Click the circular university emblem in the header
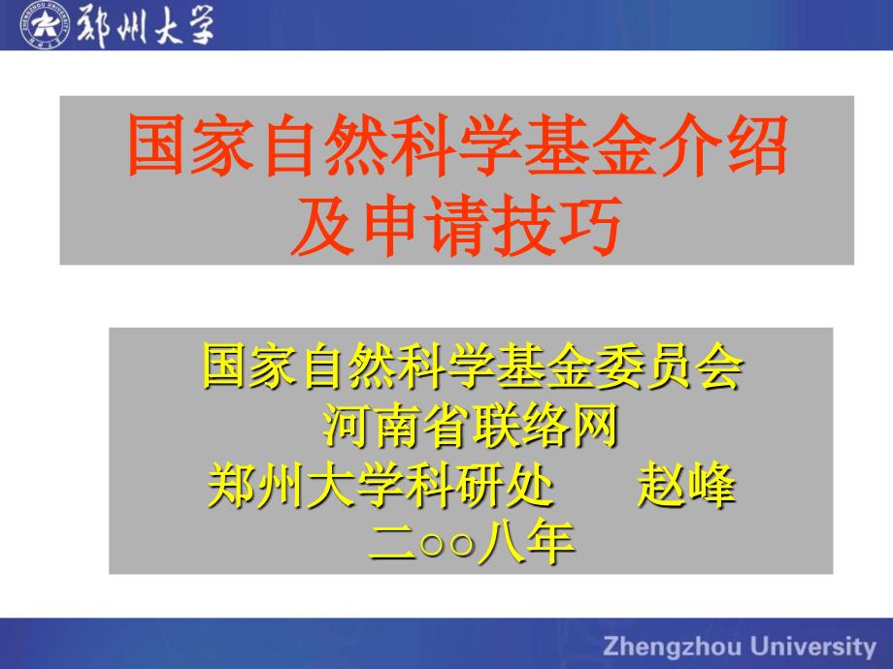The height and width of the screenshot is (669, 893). point(45,24)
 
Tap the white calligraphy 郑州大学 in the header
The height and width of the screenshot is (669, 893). point(146,25)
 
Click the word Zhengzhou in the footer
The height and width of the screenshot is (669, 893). point(673,648)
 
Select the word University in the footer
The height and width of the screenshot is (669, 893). point(812,648)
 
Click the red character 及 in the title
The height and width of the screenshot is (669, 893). point(323,225)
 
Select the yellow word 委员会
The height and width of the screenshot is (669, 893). point(670,366)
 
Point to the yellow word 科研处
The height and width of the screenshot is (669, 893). point(481,486)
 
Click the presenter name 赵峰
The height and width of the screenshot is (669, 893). point(687,486)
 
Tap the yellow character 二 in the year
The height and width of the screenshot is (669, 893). point(393,543)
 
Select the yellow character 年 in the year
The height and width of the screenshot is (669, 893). point(550,543)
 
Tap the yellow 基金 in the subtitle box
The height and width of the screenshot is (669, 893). point(545,366)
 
